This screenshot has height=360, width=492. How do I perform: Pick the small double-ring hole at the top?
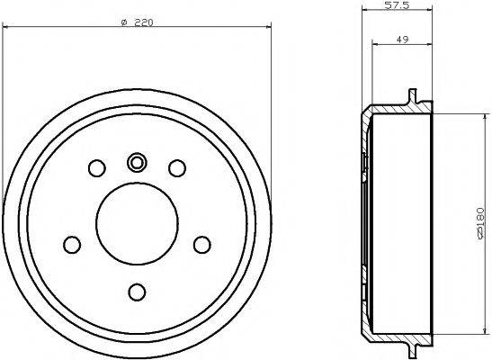click(137, 162)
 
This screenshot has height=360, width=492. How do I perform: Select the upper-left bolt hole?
click(95, 167)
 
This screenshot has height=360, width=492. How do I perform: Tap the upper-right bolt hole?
click(177, 167)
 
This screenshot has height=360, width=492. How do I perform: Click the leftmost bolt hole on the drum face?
click(71, 244)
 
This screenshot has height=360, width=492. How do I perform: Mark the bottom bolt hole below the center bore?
click(137, 291)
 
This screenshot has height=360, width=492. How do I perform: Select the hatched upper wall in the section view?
click(396, 110)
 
